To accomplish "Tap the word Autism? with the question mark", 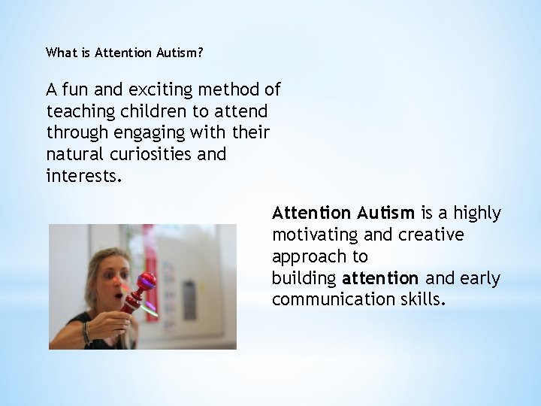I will [x=180, y=53].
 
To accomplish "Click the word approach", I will [x=305, y=257].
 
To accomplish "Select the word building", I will [x=304, y=279].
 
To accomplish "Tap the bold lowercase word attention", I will [x=380, y=279].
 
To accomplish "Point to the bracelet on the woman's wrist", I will [x=86, y=333].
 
